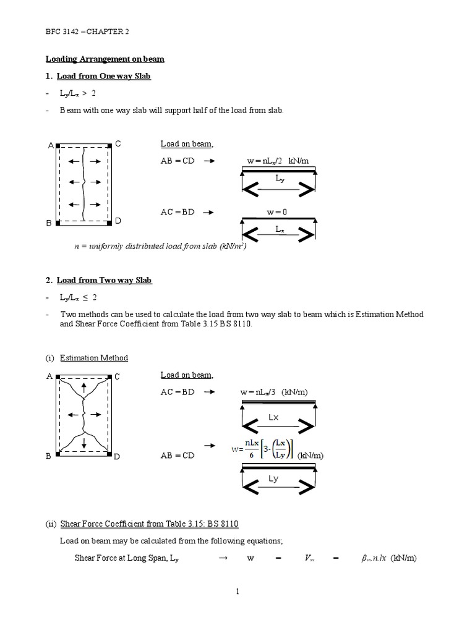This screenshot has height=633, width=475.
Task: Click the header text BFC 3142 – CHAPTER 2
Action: click(x=88, y=31)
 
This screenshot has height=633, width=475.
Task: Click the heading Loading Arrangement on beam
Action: click(x=105, y=59)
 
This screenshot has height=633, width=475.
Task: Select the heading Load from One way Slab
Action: click(x=103, y=76)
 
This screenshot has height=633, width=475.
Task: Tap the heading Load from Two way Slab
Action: click(x=104, y=280)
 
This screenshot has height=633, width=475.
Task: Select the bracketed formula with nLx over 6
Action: click(x=263, y=450)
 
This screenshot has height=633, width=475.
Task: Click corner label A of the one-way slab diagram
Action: click(x=51, y=146)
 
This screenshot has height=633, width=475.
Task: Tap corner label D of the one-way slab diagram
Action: click(x=118, y=221)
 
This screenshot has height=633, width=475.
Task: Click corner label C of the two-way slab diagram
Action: click(x=117, y=376)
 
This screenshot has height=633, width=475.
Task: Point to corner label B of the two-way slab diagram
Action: click(x=48, y=456)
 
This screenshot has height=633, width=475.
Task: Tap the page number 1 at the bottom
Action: click(x=237, y=592)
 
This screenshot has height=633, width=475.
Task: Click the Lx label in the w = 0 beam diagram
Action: click(x=281, y=229)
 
